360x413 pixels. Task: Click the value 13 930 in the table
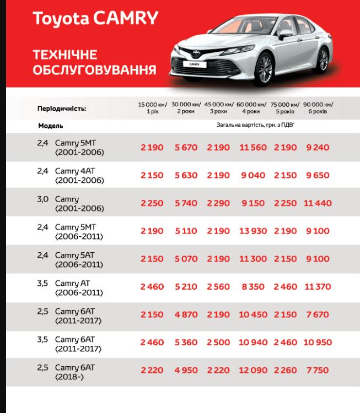[253, 231]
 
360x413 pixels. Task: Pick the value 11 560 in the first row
[253, 148]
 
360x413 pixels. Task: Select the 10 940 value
[253, 343]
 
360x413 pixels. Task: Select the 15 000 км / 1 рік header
[152, 107]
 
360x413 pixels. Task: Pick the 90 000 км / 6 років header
[319, 107]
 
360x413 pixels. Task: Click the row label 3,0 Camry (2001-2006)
[72, 203]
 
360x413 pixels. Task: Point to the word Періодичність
[62, 108]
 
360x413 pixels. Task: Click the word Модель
[51, 126]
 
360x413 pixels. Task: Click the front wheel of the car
[264, 68]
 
